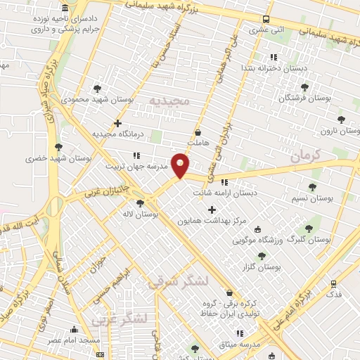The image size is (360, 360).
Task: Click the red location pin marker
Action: click(181, 165)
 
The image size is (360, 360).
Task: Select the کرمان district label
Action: click(304, 155)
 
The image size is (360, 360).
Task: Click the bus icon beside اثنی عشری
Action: click(266, 20)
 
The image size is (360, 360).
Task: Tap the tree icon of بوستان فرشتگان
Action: click(304, 86)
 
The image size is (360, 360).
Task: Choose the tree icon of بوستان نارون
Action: click(342, 120)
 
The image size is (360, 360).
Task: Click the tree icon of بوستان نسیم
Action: click(312, 187)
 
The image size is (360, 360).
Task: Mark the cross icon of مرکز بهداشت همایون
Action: click(212, 209)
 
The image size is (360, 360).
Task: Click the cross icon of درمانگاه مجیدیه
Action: click(117, 123)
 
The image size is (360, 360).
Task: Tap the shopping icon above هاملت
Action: click(198, 131)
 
